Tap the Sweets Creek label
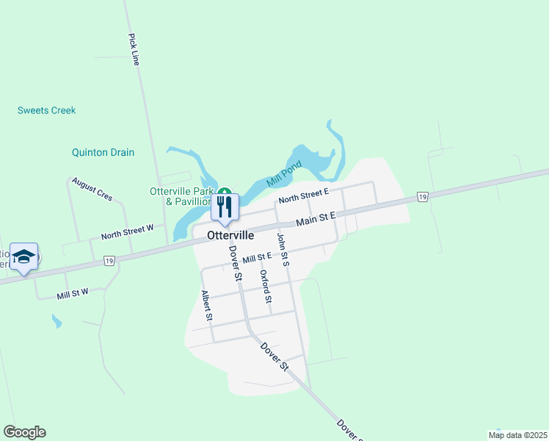pyautogui.click(x=47, y=110)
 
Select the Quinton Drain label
pyautogui.click(x=103, y=153)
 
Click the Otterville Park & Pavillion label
pyautogui.click(x=181, y=196)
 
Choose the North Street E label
pyautogui.click(x=302, y=196)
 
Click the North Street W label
pyautogui.click(x=127, y=232)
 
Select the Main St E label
pyautogui.click(x=316, y=219)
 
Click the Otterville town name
pyautogui.click(x=230, y=236)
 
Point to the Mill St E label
pyautogui.click(x=257, y=257)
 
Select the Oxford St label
pyautogui.click(x=266, y=287)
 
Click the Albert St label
pyautogui.click(x=207, y=306)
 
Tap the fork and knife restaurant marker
pyautogui.click(x=225, y=207)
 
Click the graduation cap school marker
pyautogui.click(x=24, y=257)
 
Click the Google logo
pyautogui.click(x=24, y=432)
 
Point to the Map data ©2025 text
pyautogui.click(x=517, y=435)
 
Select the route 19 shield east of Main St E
pyautogui.click(x=421, y=197)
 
